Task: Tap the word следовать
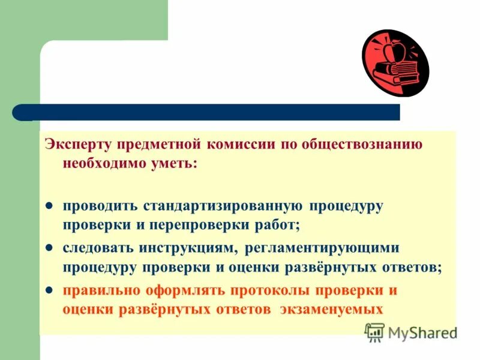pos(94,247)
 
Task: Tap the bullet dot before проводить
pos(51,206)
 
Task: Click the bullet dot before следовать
pos(51,247)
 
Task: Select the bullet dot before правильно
pos(51,291)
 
